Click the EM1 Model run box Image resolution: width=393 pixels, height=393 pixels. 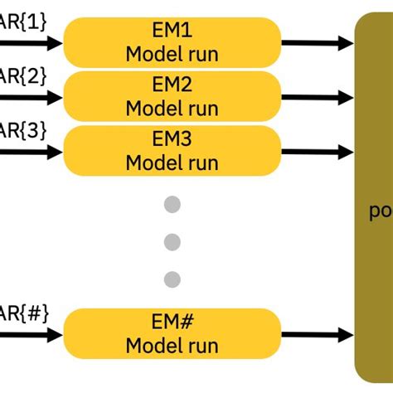tap(171, 43)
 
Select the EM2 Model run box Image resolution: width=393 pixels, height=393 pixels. tap(171, 96)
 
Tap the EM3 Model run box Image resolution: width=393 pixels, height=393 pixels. tap(171, 150)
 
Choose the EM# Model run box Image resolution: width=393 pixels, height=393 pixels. tap(171, 334)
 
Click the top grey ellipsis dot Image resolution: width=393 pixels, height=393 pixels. tap(172, 205)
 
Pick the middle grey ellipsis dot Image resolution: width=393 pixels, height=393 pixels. tap(172, 241)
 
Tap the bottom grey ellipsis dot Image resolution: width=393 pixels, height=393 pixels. tap(172, 279)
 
